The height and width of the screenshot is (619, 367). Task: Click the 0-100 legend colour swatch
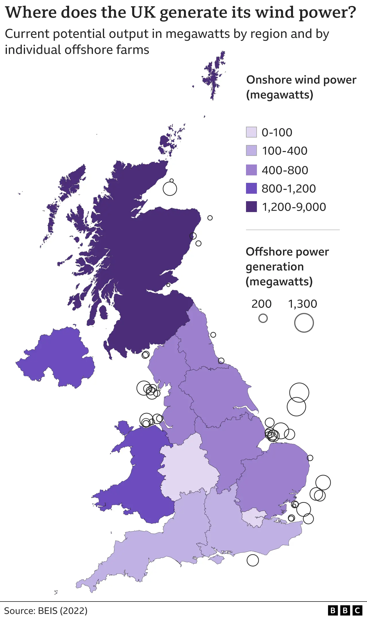point(251,132)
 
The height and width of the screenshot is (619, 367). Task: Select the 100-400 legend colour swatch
point(251,151)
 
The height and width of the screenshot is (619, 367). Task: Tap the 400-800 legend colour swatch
point(251,170)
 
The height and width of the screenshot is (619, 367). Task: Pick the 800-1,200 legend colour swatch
point(251,189)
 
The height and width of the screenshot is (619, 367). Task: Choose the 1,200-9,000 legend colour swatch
point(251,207)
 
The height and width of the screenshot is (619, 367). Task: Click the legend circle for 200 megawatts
point(263,318)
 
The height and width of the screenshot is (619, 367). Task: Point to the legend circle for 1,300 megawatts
point(304,323)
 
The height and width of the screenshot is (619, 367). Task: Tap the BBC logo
point(345,610)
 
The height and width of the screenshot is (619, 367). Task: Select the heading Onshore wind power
point(301,80)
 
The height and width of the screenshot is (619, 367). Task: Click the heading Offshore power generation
point(287,259)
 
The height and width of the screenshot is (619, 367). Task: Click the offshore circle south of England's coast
point(253,560)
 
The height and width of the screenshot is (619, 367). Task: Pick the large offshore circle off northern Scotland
point(170,189)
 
